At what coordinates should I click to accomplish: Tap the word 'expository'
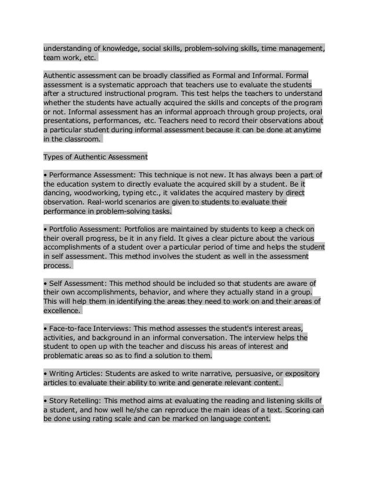pos(300,374)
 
